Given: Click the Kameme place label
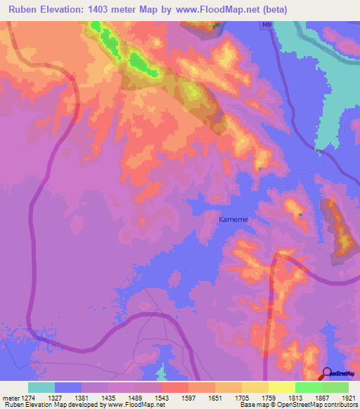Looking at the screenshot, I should pos(233,219).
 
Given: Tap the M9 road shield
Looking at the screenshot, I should pos(266,25).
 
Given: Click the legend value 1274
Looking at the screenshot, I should pos(27,398).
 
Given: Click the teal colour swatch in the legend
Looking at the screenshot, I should pos(41,387).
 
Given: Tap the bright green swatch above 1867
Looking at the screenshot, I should pos(308,387).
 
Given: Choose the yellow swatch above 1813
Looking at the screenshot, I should pos(281,387).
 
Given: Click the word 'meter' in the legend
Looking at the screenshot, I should pos(10,398).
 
